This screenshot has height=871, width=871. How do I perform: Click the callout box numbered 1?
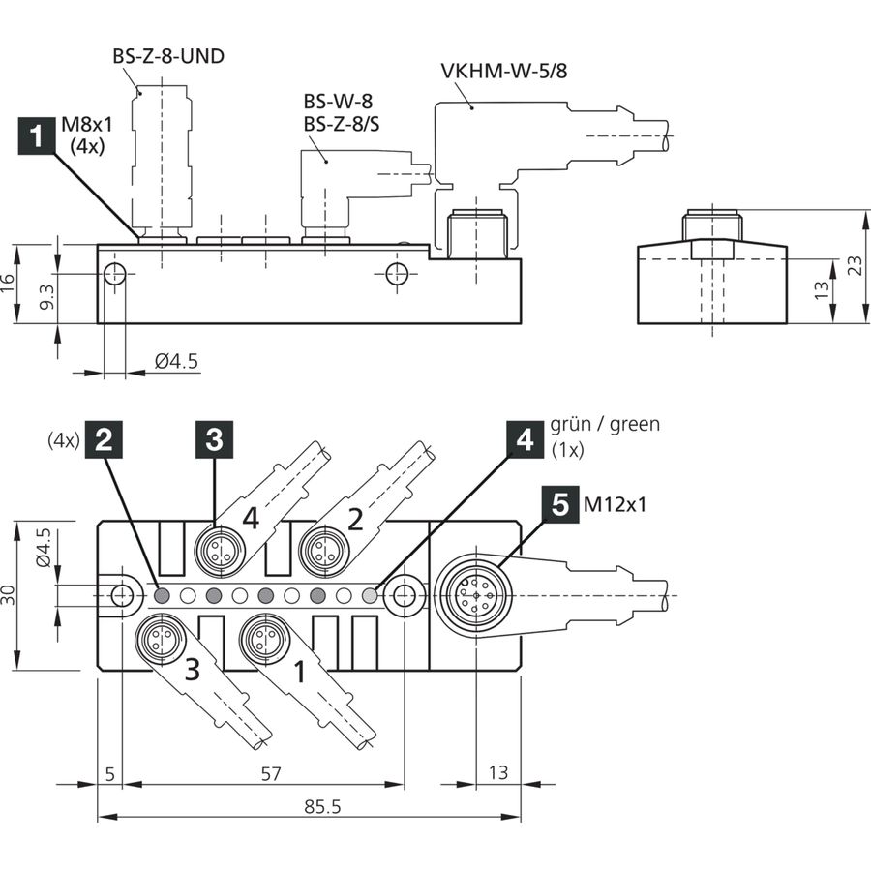coord(37,135)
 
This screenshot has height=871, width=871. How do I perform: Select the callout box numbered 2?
coord(104,440)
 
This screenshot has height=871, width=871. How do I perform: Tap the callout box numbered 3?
coord(214,440)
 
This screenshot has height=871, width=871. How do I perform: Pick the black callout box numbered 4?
coord(525,440)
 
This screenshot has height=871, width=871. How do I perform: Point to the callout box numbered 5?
coord(560,504)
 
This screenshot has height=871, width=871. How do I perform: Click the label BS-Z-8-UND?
coord(168,56)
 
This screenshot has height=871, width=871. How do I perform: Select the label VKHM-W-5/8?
coord(504,71)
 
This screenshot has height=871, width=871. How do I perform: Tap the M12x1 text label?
coord(615,504)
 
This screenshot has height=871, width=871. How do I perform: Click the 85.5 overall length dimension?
coord(322,806)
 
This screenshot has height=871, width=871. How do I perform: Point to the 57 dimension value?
coord(271,773)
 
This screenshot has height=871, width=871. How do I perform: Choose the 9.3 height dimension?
coord(47,297)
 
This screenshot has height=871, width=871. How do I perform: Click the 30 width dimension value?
coord(9,594)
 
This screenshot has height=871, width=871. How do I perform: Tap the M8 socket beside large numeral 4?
coord(219,551)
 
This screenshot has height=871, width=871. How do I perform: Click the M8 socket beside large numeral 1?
coord(264,638)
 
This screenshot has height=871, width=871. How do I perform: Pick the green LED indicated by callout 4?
coord(370,595)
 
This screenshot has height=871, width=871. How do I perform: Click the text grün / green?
coord(605,425)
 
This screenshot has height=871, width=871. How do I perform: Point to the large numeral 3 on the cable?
coord(193,670)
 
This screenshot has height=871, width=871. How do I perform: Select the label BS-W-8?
coord(338,101)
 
